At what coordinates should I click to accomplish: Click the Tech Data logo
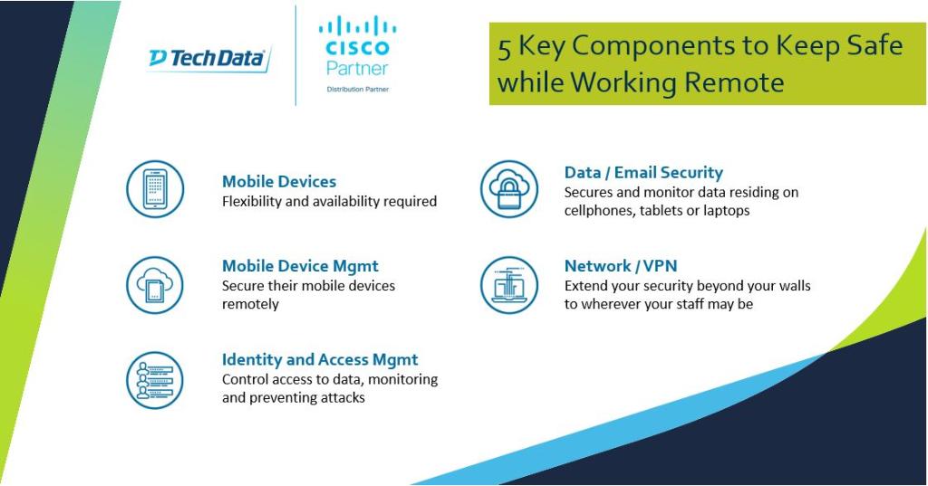point(209,59)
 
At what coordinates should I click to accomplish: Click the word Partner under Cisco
point(357,68)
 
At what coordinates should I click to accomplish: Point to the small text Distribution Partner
point(357,89)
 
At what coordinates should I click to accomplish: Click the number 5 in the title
point(504,47)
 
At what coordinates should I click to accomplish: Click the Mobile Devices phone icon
point(155,189)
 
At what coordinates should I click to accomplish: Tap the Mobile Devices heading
point(279,181)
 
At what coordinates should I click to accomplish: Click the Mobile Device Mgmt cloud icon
point(155,284)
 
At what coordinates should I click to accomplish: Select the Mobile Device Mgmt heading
point(300,266)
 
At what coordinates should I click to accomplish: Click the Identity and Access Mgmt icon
point(155,379)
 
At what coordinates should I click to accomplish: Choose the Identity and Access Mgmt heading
point(320,359)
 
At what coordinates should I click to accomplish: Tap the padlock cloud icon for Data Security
point(508,189)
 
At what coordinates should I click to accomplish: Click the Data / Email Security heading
point(643,172)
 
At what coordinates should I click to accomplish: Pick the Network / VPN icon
point(508,284)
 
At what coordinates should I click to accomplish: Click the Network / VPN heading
point(621,266)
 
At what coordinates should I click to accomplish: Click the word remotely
point(250,304)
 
